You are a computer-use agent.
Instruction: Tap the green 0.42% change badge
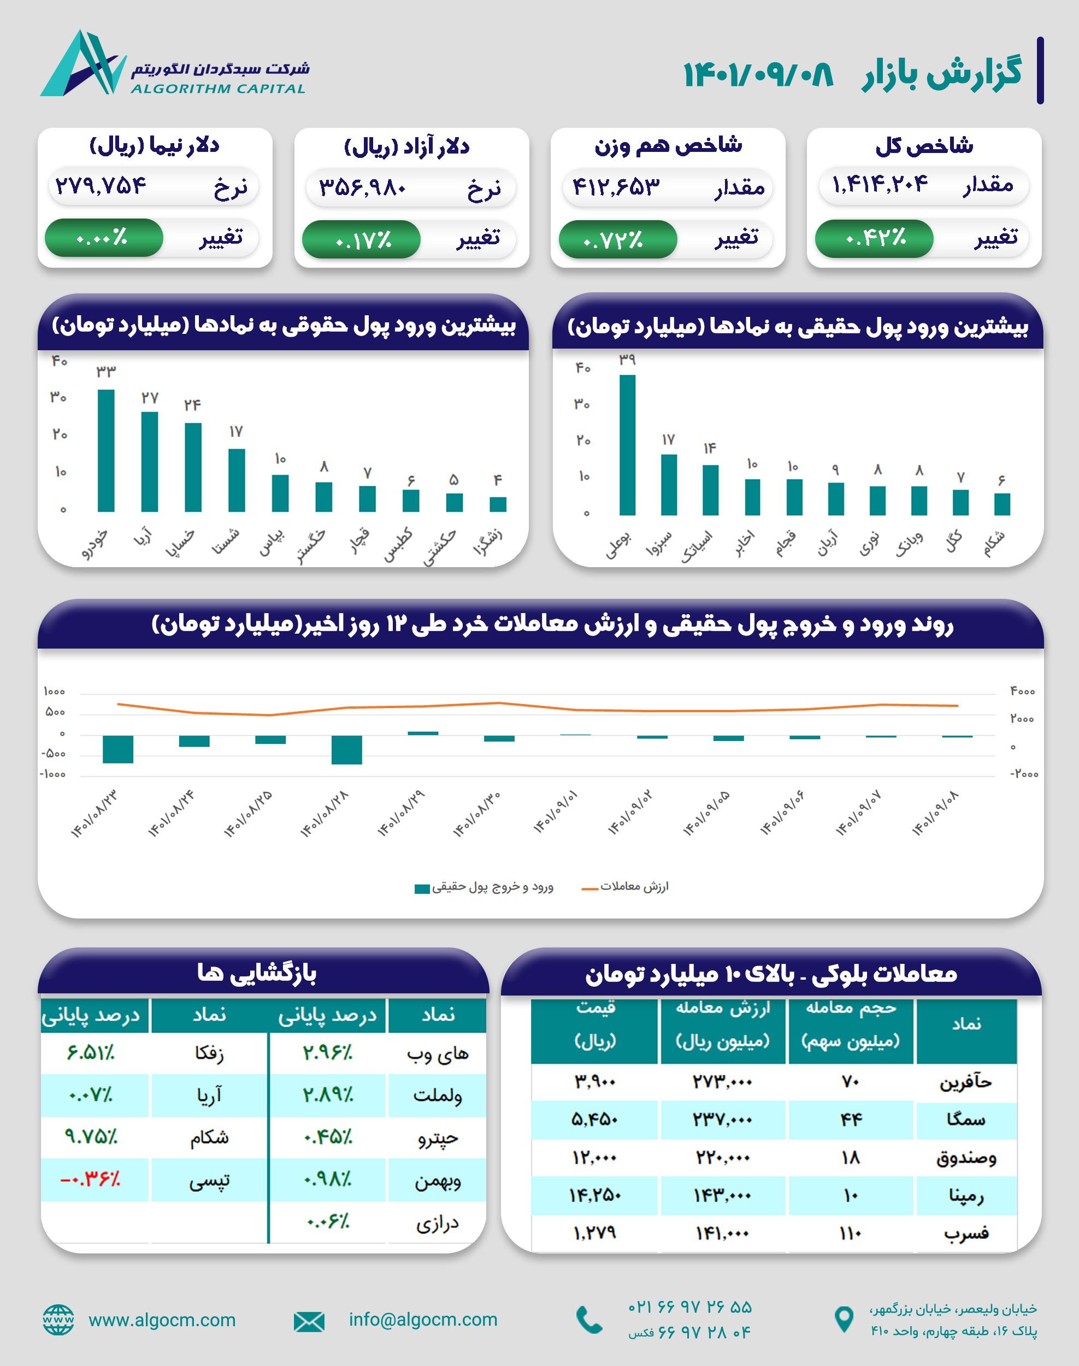874,238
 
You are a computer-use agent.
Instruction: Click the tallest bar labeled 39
627,445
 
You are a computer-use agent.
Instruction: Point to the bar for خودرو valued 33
106,450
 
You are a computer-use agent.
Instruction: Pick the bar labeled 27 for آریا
150,461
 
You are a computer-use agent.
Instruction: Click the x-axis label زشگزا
488,542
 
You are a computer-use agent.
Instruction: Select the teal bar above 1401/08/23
118,749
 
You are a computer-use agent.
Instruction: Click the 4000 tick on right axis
1022,691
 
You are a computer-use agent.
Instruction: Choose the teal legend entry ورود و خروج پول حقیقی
485,887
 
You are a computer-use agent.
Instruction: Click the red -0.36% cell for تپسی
90,1179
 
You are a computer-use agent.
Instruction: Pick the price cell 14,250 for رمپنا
594,1195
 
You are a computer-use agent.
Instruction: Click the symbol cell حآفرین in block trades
965,1082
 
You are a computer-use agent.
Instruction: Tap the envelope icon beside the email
309,1321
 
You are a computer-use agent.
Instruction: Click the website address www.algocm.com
162,1320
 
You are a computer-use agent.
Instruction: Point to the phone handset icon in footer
589,1320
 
